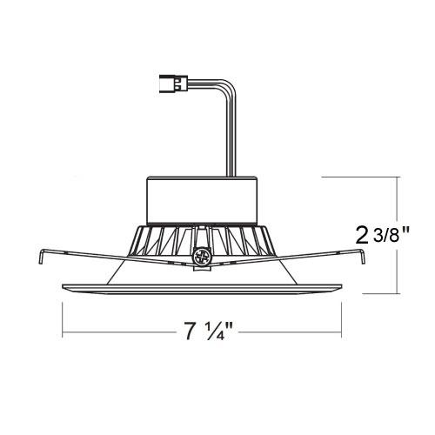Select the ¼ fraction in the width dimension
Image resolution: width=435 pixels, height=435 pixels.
[x=220, y=331]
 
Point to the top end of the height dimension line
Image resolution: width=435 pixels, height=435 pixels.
[x=399, y=177]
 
